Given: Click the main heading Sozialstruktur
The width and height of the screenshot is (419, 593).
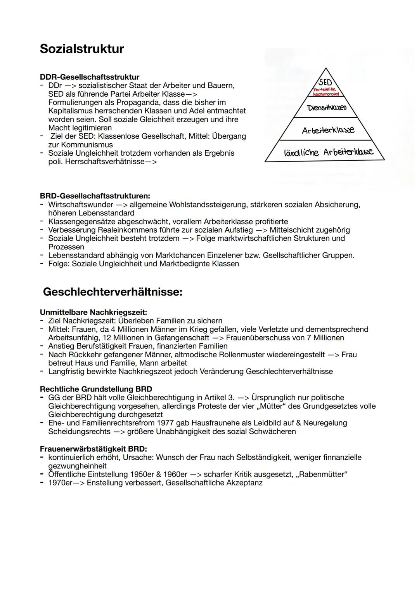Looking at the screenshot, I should coord(82,49).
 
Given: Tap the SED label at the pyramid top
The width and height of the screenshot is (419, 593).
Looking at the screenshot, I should coord(325,82).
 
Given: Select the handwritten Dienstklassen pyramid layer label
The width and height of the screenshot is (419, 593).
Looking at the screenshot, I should coord(327,108).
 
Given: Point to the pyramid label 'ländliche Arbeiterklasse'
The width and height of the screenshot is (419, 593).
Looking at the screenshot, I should coord(328,152).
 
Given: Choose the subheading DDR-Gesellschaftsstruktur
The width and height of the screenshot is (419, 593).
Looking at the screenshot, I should coord(90,77).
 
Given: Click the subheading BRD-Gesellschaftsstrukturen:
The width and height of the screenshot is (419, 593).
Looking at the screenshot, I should coord(95,196).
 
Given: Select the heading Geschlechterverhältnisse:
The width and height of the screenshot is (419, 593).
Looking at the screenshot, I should coord(113,292).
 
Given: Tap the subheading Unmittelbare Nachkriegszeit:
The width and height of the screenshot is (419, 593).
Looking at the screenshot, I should coord(93,312).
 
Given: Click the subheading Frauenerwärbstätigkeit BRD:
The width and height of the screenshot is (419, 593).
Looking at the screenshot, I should coord(93,449).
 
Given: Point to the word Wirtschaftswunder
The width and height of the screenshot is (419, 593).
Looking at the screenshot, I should coord(81,205).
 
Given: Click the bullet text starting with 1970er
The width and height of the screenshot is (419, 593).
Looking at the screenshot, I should coord(155,483).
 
